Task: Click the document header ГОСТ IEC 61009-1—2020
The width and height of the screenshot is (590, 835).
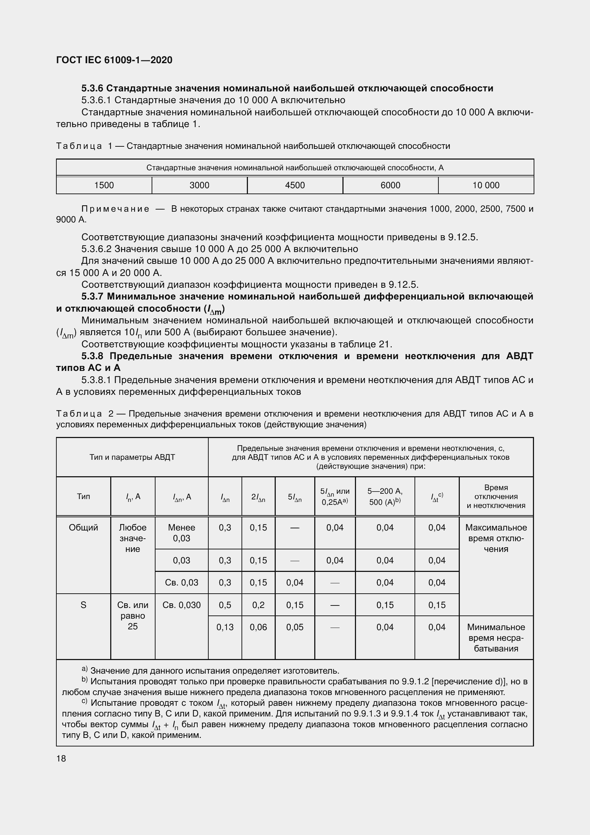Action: click(114, 60)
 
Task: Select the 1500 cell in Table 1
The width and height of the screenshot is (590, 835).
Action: click(104, 185)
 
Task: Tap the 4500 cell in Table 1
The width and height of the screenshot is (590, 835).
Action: click(295, 185)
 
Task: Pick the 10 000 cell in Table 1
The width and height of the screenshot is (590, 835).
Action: click(486, 185)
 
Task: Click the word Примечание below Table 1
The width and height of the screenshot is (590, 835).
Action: click(115, 209)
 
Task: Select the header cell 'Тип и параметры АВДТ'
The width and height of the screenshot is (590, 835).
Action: click(132, 457)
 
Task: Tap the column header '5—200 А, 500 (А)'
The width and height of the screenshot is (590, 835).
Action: click(385, 497)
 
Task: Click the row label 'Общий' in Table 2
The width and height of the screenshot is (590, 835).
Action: click(83, 527)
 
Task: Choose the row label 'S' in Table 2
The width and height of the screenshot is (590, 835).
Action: click(83, 605)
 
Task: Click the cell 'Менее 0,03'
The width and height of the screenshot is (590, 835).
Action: click(181, 533)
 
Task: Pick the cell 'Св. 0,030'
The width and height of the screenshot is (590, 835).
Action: click(181, 605)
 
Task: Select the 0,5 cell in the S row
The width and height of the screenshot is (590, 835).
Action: click(225, 605)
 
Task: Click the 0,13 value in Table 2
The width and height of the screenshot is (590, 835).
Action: click(225, 627)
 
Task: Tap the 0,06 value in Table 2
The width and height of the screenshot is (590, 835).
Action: click(258, 627)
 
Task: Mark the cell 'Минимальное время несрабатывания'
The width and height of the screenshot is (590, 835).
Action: click(496, 638)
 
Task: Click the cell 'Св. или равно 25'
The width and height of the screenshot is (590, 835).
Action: click(133, 615)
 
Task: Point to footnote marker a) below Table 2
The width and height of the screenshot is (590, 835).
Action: click(84, 669)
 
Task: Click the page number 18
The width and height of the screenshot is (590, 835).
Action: click(61, 758)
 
